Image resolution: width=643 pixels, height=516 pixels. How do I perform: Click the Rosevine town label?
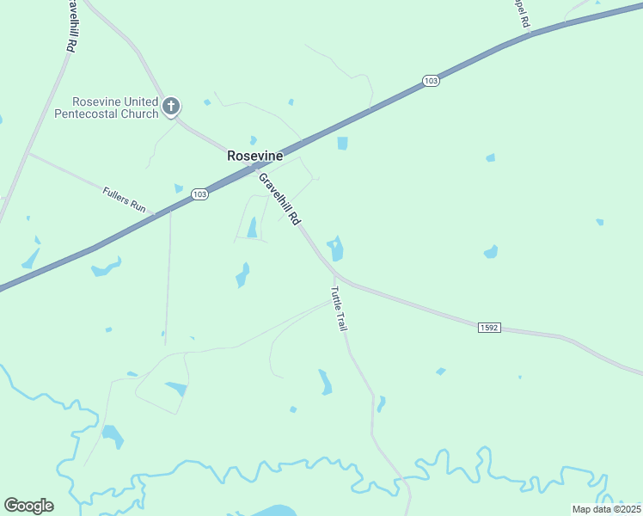click(x=254, y=156)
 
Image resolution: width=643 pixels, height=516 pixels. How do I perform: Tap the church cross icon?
click(x=171, y=107)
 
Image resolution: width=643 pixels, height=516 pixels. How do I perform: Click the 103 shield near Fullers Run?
click(x=199, y=194)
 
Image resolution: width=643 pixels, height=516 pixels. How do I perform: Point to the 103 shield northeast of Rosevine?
click(x=432, y=81)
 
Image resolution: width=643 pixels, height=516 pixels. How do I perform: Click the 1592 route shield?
click(x=488, y=328)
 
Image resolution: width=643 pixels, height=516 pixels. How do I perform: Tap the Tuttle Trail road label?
click(x=339, y=309)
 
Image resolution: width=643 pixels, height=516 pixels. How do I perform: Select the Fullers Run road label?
click(x=124, y=200)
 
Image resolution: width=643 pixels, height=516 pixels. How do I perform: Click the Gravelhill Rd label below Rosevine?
click(x=279, y=199)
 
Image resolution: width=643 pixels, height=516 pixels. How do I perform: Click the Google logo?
click(x=28, y=505)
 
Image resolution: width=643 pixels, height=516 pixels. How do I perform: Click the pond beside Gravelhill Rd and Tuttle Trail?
click(x=336, y=249)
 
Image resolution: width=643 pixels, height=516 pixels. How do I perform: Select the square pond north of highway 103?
click(x=343, y=143)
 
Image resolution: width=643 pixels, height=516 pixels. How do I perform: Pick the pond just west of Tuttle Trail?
click(x=326, y=382)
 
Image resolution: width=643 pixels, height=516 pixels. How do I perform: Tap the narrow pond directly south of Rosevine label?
click(x=252, y=227)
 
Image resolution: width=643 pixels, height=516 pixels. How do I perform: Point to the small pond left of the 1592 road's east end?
click(x=440, y=372)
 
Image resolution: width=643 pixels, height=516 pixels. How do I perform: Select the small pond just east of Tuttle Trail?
click(x=381, y=402)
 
